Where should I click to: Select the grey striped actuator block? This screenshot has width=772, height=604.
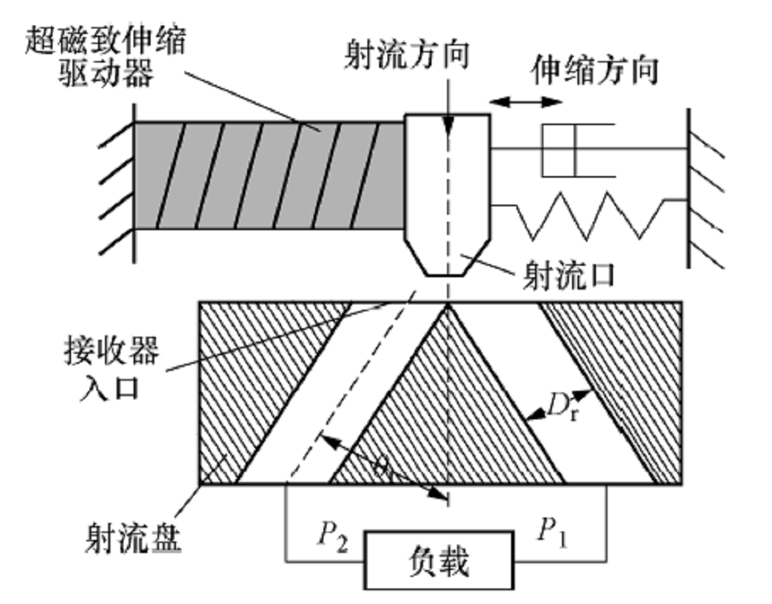269,175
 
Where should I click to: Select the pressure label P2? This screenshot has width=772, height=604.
334,533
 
